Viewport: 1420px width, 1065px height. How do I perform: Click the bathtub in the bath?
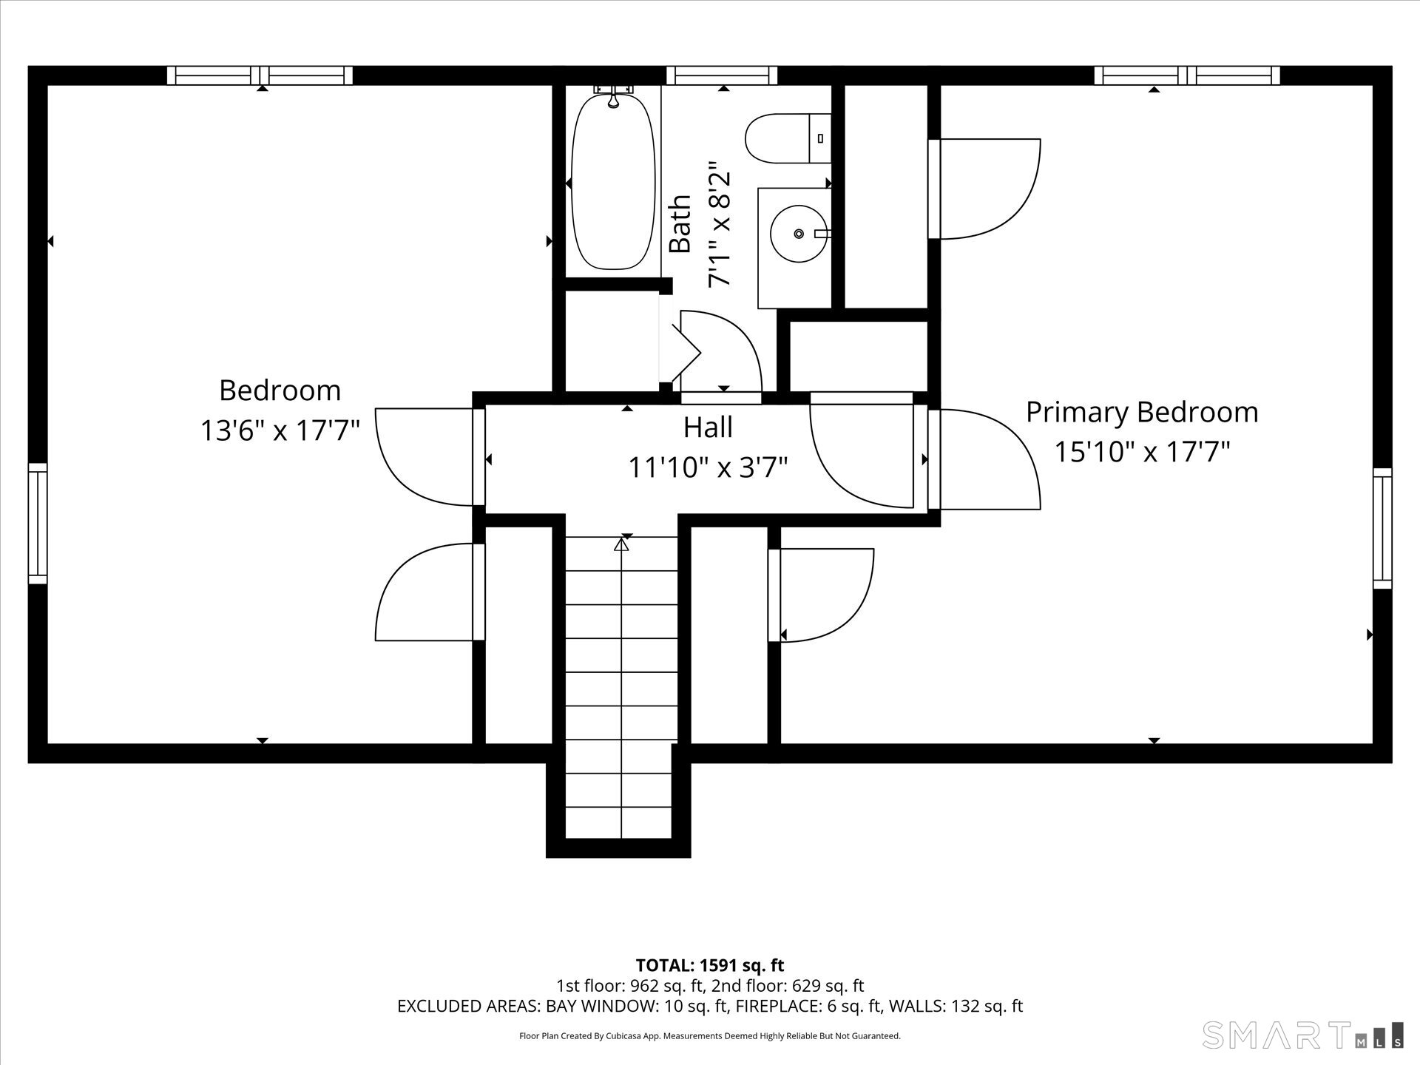613,181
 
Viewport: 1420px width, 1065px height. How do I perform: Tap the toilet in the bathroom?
788,138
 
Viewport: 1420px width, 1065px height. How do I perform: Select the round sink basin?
799,234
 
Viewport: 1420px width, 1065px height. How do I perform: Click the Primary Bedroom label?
1142,413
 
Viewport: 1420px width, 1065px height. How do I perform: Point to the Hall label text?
708,427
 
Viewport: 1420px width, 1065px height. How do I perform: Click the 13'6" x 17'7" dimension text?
280,430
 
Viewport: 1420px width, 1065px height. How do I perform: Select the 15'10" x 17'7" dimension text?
1142,451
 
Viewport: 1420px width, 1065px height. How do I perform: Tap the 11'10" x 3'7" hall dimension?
708,467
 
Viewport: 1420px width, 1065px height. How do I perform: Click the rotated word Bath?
680,224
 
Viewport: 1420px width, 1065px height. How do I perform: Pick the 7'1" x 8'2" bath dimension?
719,225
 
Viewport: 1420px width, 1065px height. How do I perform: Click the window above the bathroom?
722,75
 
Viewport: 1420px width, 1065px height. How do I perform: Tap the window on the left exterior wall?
38,524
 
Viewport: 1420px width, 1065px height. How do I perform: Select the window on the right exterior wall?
1382,528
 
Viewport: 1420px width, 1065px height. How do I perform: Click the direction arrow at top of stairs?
621,545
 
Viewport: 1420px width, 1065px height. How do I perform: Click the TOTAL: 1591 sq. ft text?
710,965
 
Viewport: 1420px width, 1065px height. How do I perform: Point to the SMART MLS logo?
1302,1034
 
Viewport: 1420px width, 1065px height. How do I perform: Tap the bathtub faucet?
613,95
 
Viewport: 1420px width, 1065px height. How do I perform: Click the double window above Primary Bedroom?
1187,75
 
